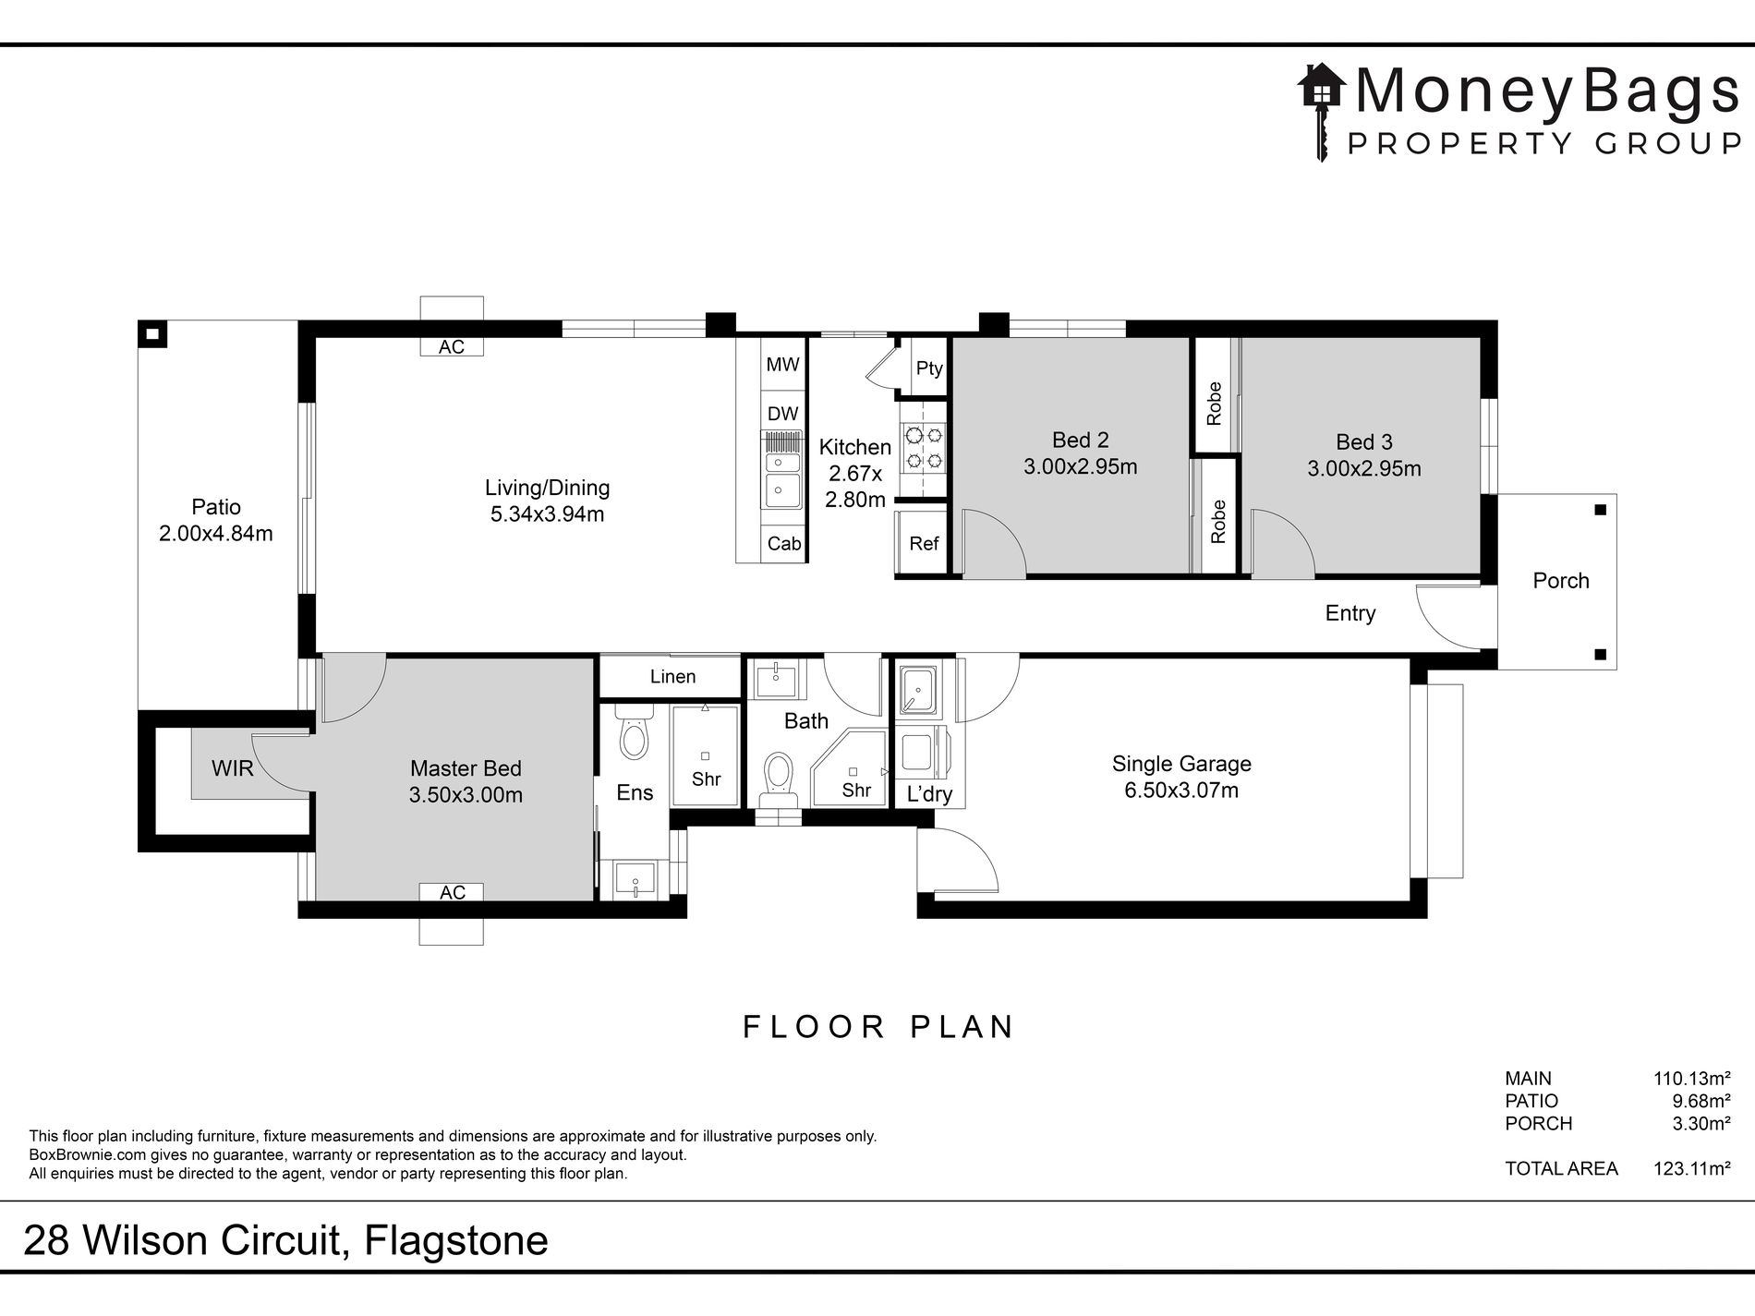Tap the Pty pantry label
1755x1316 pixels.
pyautogui.click(x=929, y=368)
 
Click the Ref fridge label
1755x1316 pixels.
pyautogui.click(x=924, y=543)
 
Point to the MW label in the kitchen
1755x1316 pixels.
pyautogui.click(x=782, y=364)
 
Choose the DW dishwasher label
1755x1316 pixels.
pyautogui.click(x=782, y=414)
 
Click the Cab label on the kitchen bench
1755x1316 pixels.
pyautogui.click(x=784, y=544)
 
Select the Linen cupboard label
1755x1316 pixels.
pyautogui.click(x=672, y=676)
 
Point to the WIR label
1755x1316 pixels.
pyautogui.click(x=232, y=768)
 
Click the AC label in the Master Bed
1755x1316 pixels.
pyautogui.click(x=453, y=892)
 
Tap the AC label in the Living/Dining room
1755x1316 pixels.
pyautogui.click(x=452, y=346)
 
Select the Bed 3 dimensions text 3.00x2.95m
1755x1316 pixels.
pyautogui.click(x=1364, y=468)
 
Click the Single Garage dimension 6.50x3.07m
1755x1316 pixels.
pyautogui.click(x=1181, y=790)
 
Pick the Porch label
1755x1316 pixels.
pyautogui.click(x=1561, y=580)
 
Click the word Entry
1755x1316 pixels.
pyautogui.click(x=1350, y=613)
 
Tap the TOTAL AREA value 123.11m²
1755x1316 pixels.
pyautogui.click(x=1691, y=1168)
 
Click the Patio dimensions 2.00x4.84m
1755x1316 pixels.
pyautogui.click(x=216, y=533)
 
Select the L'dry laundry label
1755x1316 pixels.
pyautogui.click(x=929, y=794)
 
